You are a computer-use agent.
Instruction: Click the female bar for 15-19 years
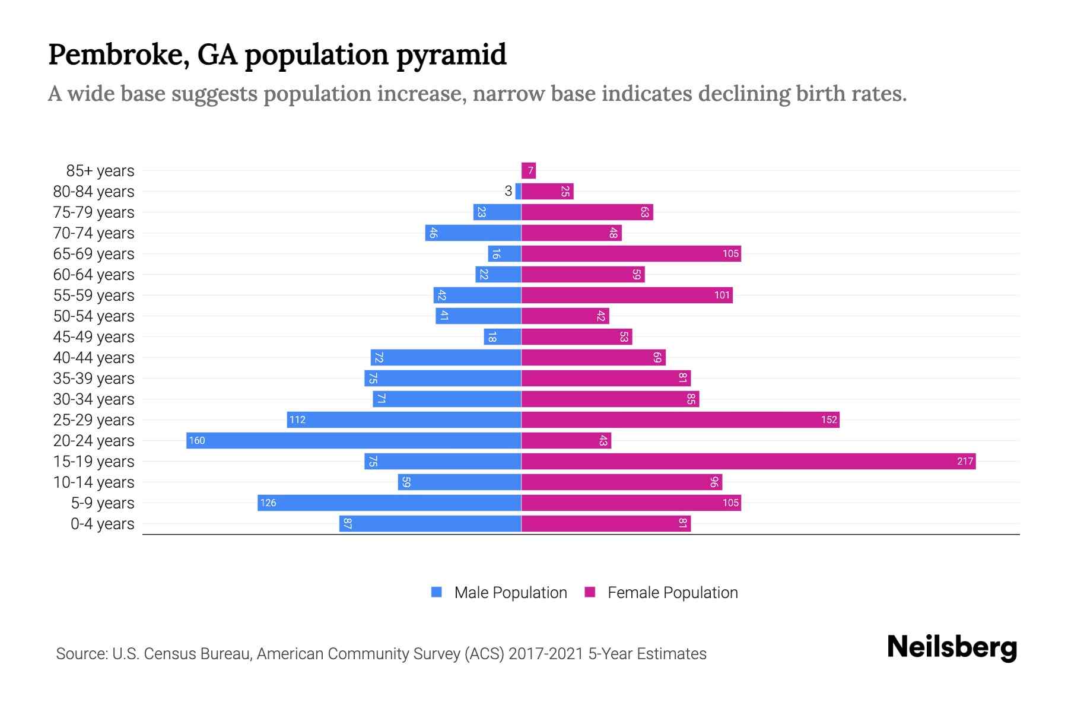tap(748, 461)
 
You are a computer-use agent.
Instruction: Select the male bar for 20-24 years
tap(354, 440)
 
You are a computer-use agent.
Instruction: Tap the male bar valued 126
tap(389, 503)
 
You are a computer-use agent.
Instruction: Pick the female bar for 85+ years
tap(528, 171)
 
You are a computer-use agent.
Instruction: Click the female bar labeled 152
tap(680, 419)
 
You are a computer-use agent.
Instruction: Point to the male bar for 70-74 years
tap(473, 233)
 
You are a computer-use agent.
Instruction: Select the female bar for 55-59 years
tap(627, 295)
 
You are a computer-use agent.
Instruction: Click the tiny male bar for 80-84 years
tap(518, 191)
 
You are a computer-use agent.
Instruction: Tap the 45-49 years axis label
tap(94, 336)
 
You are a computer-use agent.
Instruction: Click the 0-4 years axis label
tap(102, 524)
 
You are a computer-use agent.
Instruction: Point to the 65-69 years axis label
tap(94, 253)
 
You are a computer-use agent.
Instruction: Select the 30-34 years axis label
tap(94, 399)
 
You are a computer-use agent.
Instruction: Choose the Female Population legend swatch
tap(590, 592)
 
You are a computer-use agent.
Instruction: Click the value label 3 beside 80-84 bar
tap(508, 191)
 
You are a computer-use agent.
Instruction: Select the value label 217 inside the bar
tap(965, 461)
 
